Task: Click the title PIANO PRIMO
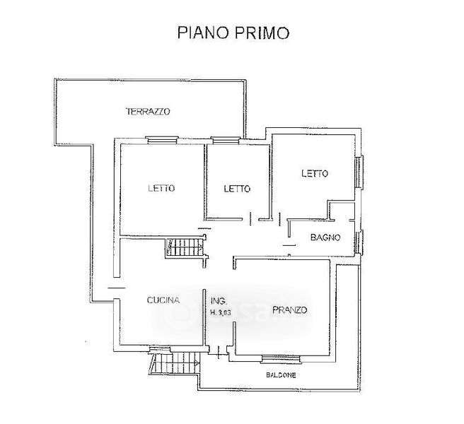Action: pyautogui.click(x=233, y=33)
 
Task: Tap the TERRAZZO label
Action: pyautogui.click(x=148, y=111)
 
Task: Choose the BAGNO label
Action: pyautogui.click(x=326, y=237)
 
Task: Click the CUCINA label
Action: pyautogui.click(x=164, y=300)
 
